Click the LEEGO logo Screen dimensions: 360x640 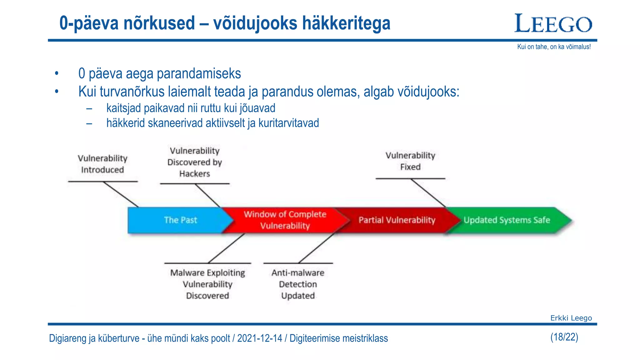(x=553, y=23)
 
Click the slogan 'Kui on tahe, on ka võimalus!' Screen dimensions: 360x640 (x=554, y=47)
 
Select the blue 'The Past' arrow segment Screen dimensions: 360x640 (x=180, y=220)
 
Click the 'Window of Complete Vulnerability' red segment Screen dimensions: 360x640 (x=285, y=220)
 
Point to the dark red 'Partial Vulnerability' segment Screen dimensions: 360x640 (x=397, y=220)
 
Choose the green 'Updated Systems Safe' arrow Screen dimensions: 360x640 (x=507, y=220)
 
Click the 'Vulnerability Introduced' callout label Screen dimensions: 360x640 (x=102, y=164)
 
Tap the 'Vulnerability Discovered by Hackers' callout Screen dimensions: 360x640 (x=194, y=162)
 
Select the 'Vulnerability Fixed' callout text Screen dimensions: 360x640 (x=410, y=161)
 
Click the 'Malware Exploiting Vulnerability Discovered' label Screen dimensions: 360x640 (x=207, y=284)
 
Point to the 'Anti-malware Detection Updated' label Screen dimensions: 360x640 (x=298, y=284)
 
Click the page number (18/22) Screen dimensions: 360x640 (x=564, y=337)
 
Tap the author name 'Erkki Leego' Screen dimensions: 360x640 (x=571, y=318)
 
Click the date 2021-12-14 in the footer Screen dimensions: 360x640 (x=259, y=338)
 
